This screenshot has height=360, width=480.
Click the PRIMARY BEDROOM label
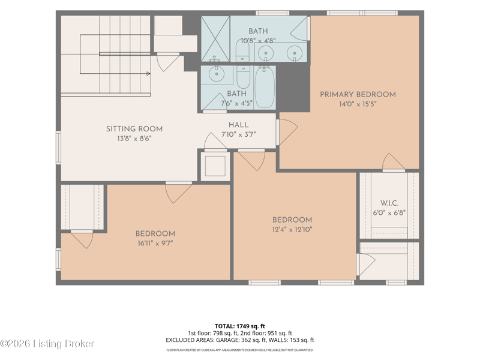(x=358, y=94)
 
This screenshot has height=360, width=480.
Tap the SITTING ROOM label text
(x=134, y=129)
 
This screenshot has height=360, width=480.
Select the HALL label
(x=238, y=125)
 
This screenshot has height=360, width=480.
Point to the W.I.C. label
(x=389, y=203)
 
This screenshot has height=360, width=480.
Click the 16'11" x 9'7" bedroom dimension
(x=155, y=244)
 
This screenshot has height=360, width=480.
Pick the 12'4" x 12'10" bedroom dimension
(x=292, y=229)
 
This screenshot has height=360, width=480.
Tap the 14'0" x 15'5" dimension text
(x=358, y=104)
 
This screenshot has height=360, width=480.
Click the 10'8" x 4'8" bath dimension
(x=258, y=40)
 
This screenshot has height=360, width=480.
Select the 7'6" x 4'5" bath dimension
(x=236, y=103)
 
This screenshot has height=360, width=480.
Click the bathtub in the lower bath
(x=265, y=87)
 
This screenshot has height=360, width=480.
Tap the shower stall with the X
(x=215, y=38)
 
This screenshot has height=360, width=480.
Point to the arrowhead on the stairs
(x=148, y=73)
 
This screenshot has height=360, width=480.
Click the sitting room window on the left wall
(x=58, y=148)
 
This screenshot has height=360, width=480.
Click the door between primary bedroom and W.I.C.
(x=394, y=161)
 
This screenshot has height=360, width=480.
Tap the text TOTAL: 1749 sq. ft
(x=239, y=326)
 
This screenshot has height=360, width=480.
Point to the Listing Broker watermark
(x=47, y=343)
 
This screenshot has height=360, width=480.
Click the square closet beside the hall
(x=215, y=166)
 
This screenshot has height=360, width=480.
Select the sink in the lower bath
(x=217, y=74)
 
